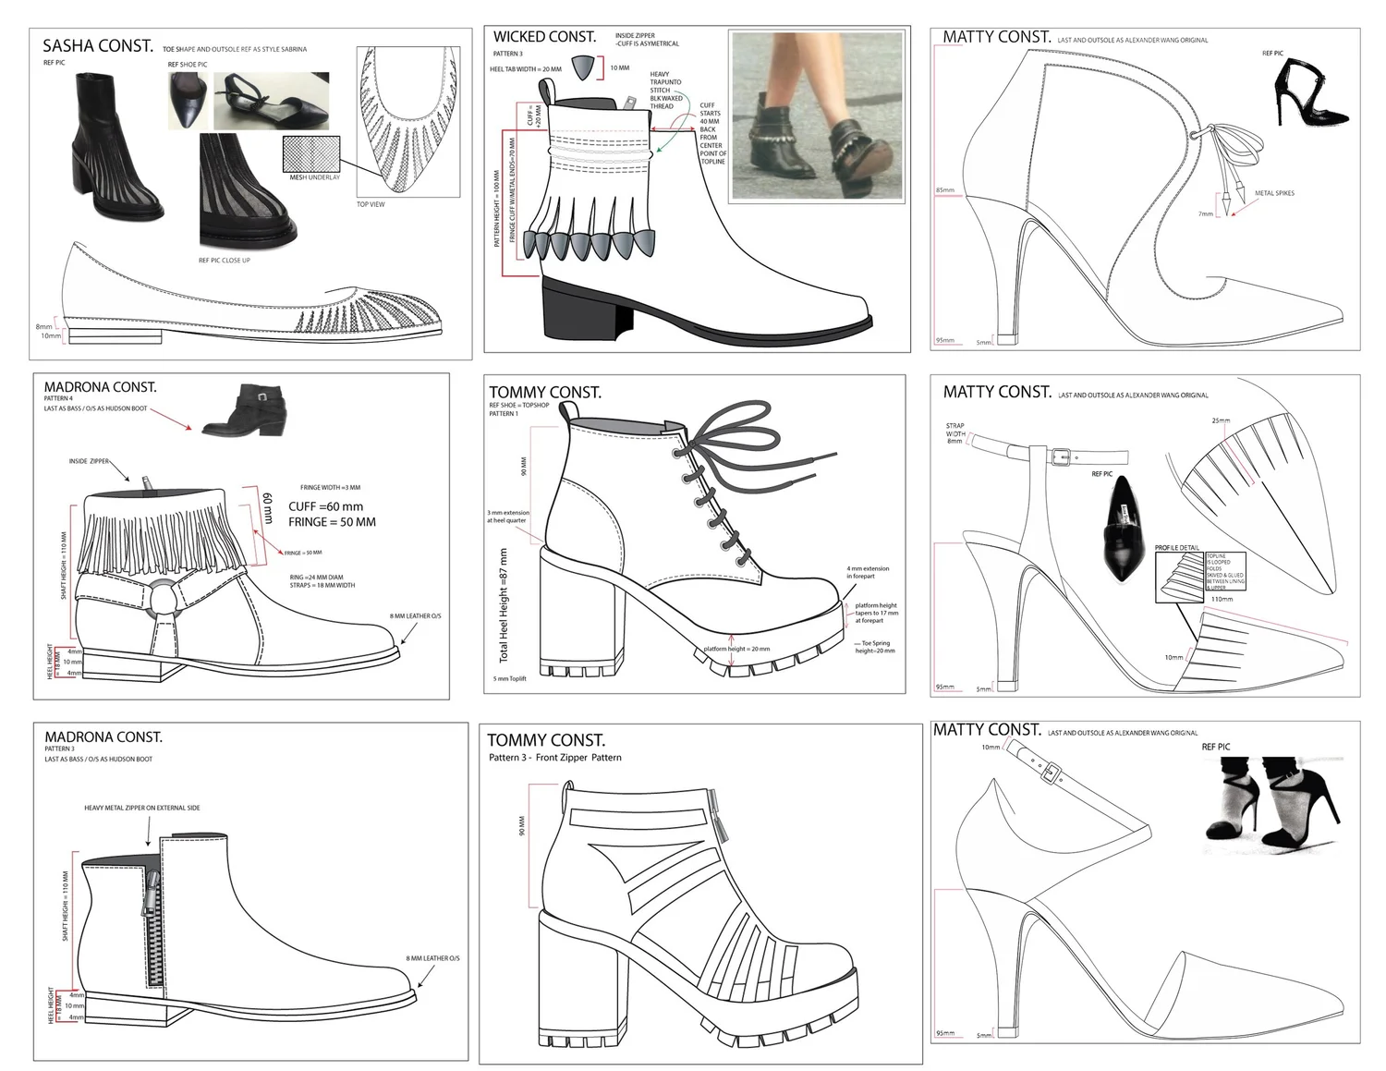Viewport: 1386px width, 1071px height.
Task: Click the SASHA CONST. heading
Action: click(98, 45)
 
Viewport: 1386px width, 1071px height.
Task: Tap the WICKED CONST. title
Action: click(544, 37)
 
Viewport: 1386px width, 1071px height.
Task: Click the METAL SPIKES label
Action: click(1274, 194)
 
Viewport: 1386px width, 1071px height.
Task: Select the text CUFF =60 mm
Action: click(325, 506)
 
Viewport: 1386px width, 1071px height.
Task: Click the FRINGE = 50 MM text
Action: click(332, 522)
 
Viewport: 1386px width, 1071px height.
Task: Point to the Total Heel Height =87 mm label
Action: click(504, 605)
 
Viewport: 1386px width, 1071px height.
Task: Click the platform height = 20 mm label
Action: click(736, 649)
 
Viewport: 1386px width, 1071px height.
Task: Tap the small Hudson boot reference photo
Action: click(244, 410)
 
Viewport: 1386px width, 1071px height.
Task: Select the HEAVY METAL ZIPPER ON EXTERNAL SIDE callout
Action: click(141, 808)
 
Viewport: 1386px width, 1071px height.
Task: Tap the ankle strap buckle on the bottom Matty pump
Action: click(1051, 772)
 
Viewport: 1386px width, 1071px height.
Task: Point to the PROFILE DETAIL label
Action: click(1176, 548)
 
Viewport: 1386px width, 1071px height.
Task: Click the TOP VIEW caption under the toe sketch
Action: click(371, 204)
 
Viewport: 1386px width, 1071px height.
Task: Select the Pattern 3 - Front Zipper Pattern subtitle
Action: click(554, 758)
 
